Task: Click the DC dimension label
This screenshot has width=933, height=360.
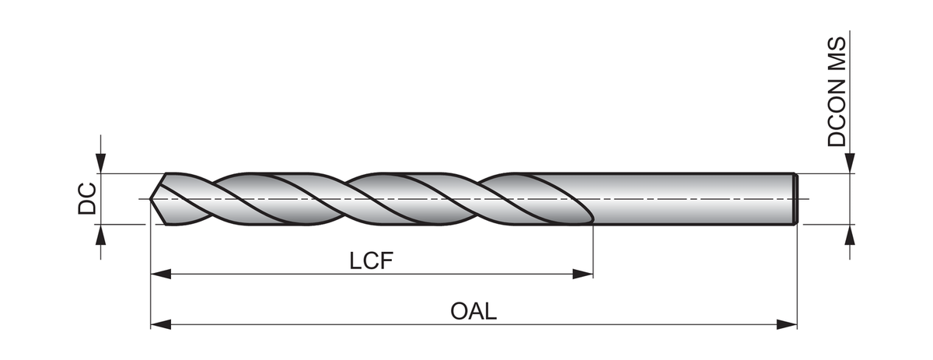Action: pyautogui.click(x=86, y=198)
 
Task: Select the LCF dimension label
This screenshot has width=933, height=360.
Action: pyautogui.click(x=372, y=260)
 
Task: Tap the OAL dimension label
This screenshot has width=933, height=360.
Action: pyautogui.click(x=473, y=311)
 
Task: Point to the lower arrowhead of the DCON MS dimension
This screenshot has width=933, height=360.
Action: pyautogui.click(x=851, y=235)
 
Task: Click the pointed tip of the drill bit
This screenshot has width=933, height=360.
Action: pyautogui.click(x=152, y=199)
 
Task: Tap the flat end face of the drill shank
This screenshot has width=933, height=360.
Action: pyautogui.click(x=796, y=199)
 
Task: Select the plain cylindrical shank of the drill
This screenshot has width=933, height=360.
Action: pyautogui.click(x=692, y=199)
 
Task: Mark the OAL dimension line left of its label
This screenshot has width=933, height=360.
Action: pyautogui.click(x=311, y=323)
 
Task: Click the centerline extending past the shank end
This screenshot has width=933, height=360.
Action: pyautogui.click(x=804, y=199)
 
